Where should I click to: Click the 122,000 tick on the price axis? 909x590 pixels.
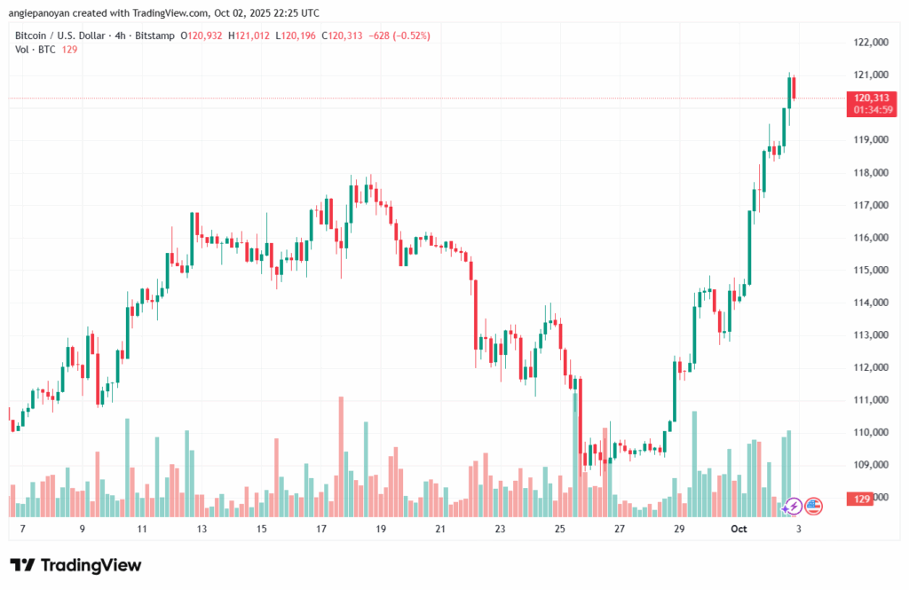(x=871, y=43)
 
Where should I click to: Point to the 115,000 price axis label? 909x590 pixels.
(x=871, y=270)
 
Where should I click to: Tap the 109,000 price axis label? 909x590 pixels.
(x=871, y=465)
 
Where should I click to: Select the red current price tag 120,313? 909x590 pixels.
(x=872, y=98)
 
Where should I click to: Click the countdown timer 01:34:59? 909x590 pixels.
(x=872, y=110)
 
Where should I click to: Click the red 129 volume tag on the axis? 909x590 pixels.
(x=861, y=500)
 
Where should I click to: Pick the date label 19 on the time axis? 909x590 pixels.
(x=381, y=529)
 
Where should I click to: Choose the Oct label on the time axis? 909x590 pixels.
(x=739, y=529)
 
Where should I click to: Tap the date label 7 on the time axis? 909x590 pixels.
(x=21, y=529)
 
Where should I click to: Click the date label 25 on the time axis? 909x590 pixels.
(x=559, y=529)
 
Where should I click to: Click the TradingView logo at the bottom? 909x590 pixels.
(x=76, y=565)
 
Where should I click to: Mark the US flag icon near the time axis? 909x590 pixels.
(x=814, y=506)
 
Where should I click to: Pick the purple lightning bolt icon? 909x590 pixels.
(x=793, y=506)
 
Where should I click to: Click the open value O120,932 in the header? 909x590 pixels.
(x=202, y=35)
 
